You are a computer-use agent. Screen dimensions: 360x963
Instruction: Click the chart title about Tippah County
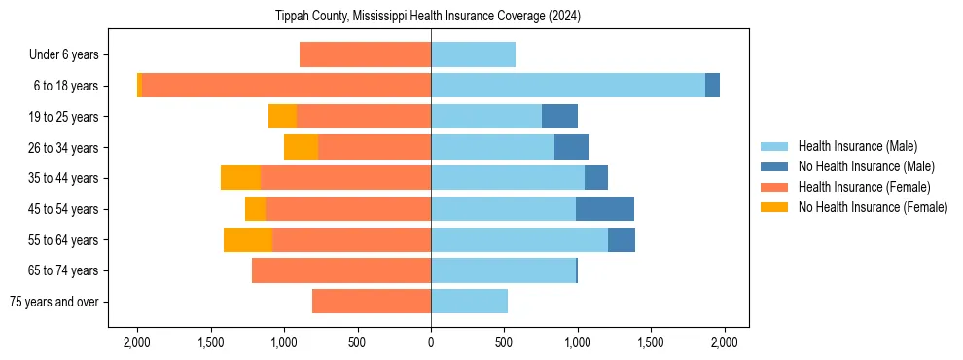coord(431,16)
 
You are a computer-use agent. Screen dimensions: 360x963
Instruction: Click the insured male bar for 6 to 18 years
coord(568,86)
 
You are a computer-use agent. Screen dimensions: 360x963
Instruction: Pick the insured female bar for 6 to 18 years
coord(286,86)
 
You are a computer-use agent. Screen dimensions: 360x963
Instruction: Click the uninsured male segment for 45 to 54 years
coord(604,209)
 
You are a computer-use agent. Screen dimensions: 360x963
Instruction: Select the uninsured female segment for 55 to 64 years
coord(248,240)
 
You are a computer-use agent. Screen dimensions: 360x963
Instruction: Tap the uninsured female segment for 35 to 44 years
coord(240,178)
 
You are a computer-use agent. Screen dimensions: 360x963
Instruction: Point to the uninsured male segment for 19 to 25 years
coord(559,117)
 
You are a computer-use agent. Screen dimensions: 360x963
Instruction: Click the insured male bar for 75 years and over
coord(469,302)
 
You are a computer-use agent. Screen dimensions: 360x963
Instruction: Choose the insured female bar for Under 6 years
coord(365,55)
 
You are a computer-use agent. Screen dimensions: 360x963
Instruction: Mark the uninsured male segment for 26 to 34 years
coord(572,148)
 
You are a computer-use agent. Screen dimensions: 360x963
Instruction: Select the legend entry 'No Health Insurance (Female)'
coord(873,207)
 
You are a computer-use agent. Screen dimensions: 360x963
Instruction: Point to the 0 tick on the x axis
coord(431,342)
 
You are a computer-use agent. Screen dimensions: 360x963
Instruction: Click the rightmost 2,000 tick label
coord(724,342)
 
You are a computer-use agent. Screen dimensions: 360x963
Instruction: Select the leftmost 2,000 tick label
coord(137,342)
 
